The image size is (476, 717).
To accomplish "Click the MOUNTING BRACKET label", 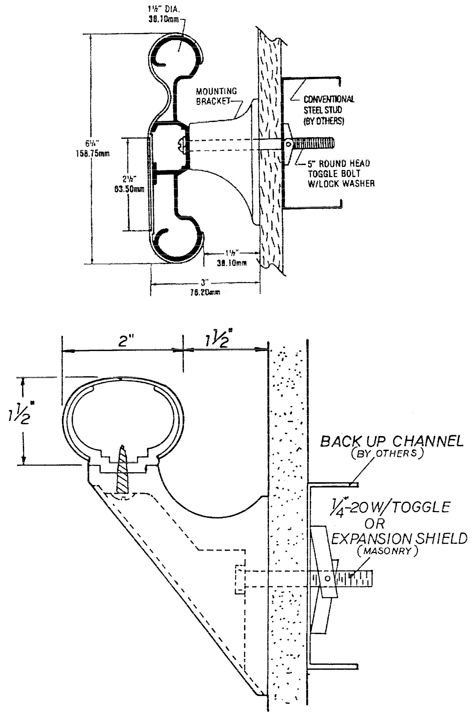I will [216, 96].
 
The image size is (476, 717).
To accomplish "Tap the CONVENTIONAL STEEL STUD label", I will [329, 110].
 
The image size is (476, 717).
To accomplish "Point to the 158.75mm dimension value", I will [92, 154].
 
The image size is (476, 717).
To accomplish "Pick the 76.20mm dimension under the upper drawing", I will [205, 293].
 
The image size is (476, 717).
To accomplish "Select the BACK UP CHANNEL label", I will [392, 441].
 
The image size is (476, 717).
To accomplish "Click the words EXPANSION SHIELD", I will [399, 539].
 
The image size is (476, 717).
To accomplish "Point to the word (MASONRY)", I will [388, 552].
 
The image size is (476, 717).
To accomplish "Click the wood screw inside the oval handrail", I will [122, 469].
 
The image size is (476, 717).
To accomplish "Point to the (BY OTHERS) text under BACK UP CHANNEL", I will [388, 454].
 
